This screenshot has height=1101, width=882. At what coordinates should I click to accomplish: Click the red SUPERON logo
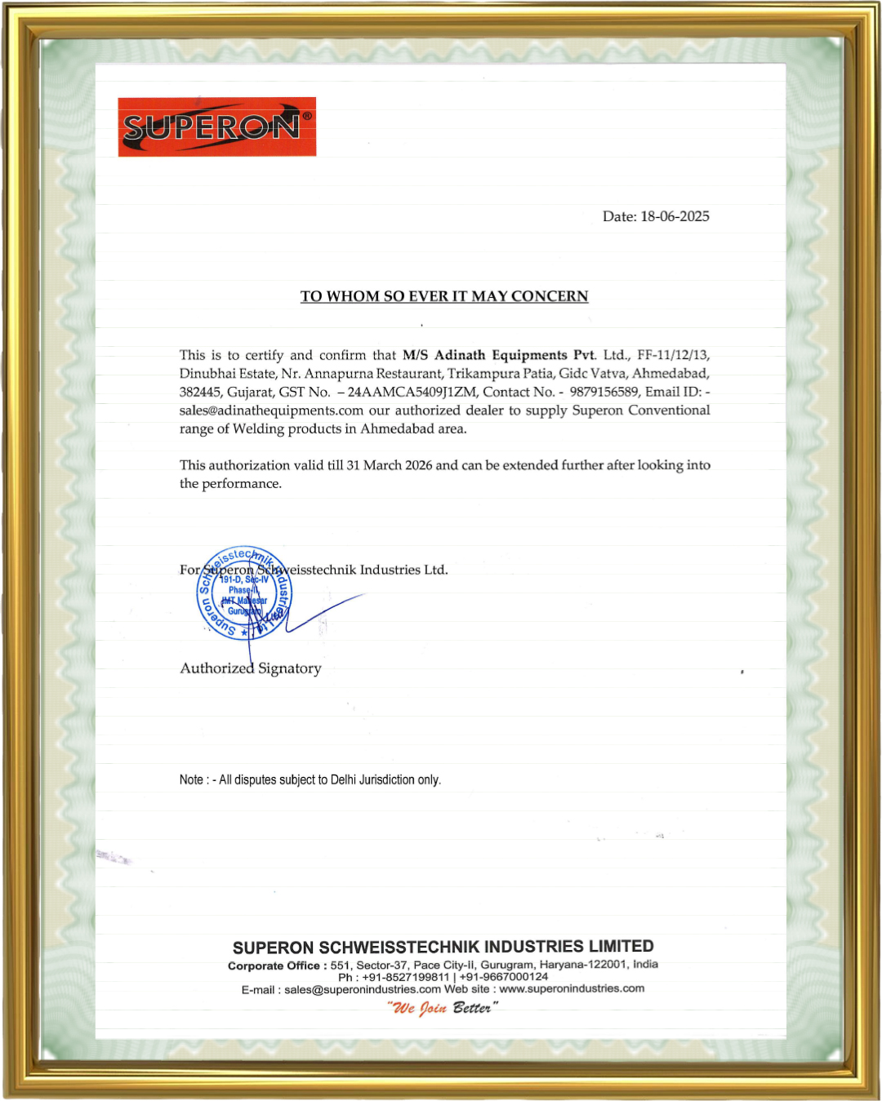click(x=216, y=127)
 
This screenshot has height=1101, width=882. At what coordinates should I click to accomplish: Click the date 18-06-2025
click(x=675, y=216)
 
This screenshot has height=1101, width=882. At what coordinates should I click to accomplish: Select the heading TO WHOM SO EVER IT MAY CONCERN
click(x=444, y=296)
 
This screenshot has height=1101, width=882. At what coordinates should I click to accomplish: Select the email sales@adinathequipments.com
click(x=271, y=411)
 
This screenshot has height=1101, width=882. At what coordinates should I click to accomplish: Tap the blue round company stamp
click(x=244, y=593)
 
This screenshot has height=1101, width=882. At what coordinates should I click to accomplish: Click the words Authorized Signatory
click(x=251, y=668)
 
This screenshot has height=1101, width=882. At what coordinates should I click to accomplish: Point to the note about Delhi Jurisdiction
click(x=310, y=780)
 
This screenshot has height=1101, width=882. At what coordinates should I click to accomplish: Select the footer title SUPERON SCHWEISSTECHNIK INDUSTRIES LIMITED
click(x=443, y=947)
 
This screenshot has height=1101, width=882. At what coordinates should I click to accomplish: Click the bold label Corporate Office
click(x=274, y=966)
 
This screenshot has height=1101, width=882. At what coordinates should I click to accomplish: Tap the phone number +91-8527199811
click(x=406, y=977)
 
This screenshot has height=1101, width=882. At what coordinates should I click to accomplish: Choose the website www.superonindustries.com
click(x=572, y=988)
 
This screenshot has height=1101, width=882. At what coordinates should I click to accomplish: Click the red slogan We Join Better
click(x=442, y=1008)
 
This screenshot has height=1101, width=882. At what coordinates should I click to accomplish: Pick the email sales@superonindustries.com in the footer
click(x=363, y=989)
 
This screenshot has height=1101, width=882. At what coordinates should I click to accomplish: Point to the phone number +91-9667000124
click(x=504, y=977)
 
